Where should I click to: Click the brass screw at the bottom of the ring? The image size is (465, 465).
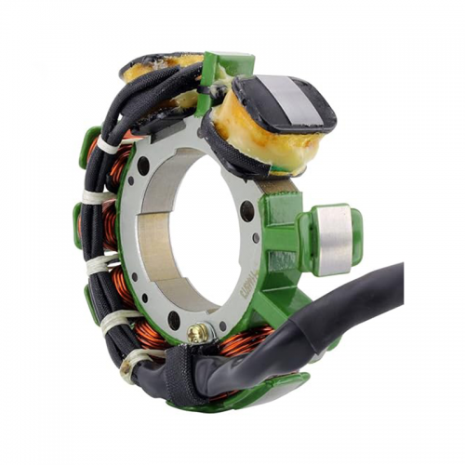click(197, 332)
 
